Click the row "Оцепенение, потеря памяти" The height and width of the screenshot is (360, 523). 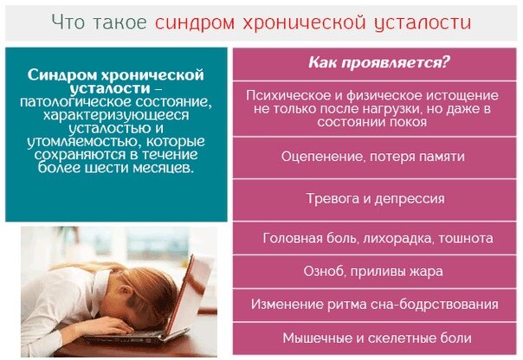pyautogui.click(x=373, y=157)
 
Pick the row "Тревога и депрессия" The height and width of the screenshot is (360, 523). pyautogui.click(x=375, y=198)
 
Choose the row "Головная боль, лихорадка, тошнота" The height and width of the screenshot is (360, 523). pyautogui.click(x=378, y=237)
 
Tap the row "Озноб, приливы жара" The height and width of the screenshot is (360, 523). pyautogui.click(x=375, y=271)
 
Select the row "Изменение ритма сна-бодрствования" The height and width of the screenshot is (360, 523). pyautogui.click(x=375, y=304)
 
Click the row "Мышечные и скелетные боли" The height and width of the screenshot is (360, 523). pyautogui.click(x=375, y=337)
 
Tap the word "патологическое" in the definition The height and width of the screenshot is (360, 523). pyautogui.click(x=70, y=101)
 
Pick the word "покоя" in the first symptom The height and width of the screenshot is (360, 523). pyautogui.click(x=408, y=122)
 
